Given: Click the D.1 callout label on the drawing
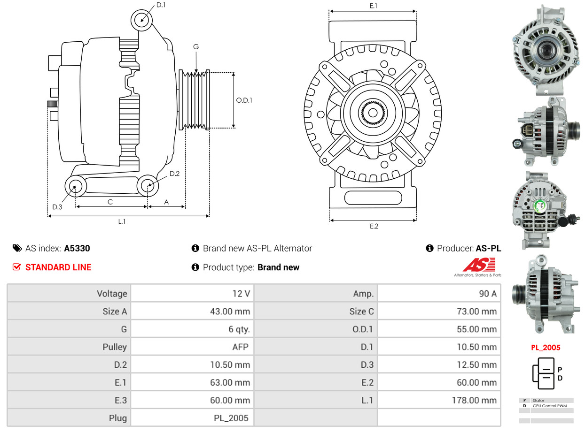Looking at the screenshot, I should [x=161, y=5].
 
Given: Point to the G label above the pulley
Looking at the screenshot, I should [x=196, y=46].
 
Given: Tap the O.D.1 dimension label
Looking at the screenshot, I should [x=244, y=100].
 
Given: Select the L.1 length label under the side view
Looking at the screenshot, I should [x=122, y=221].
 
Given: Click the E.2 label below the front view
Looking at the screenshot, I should [x=374, y=226].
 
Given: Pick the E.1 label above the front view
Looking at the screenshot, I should [x=374, y=6].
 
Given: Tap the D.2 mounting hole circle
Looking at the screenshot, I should [x=148, y=185].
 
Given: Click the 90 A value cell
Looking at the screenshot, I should [x=487, y=294].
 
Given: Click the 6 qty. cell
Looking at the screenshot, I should [x=239, y=329].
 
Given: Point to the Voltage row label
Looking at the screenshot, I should [x=112, y=294].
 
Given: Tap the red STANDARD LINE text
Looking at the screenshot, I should [x=58, y=267].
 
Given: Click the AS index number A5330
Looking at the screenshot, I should [x=77, y=249].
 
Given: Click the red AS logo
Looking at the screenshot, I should [x=478, y=265].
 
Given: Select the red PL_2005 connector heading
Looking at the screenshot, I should [x=546, y=348].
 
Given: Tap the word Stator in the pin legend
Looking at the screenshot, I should [x=538, y=401].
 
